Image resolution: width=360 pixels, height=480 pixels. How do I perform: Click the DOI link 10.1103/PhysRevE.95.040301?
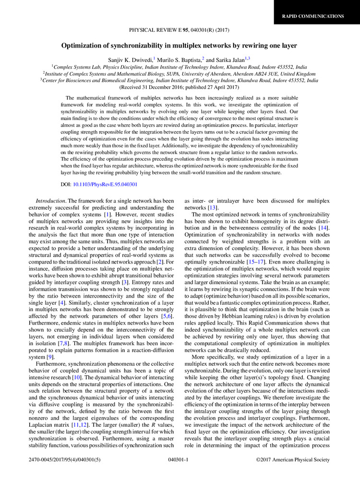point(105,184)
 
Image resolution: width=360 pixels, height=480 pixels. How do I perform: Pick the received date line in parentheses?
point(180,88)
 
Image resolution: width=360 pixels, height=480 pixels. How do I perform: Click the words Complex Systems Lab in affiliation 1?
point(76,67)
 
